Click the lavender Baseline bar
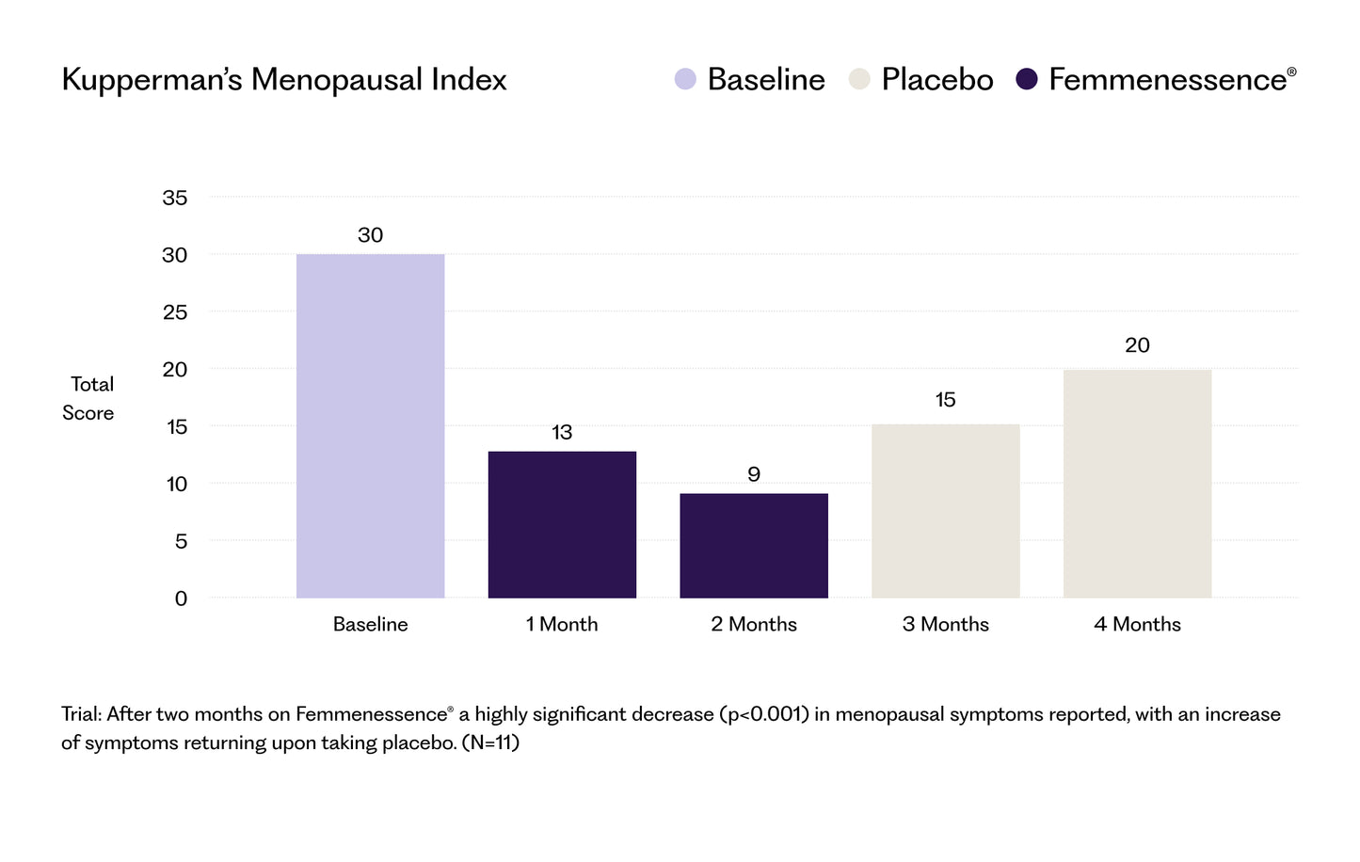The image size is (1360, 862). click(370, 425)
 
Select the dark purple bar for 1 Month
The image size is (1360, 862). click(562, 524)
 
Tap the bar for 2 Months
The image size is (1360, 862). click(754, 545)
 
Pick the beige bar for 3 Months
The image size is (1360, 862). click(945, 510)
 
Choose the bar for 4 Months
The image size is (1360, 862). click(1137, 483)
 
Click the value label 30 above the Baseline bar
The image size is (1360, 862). click(370, 235)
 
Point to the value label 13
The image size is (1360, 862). click(562, 433)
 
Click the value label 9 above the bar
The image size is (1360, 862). click(754, 474)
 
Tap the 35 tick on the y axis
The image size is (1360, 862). click(175, 198)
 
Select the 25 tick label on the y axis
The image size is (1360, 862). click(175, 312)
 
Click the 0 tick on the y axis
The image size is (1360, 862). click(181, 599)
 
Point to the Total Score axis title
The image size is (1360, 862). click(89, 398)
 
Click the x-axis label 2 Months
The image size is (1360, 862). click(754, 624)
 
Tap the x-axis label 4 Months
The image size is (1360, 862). click(1137, 624)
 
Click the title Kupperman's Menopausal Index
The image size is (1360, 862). click(283, 80)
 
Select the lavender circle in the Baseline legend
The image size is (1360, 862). click(685, 80)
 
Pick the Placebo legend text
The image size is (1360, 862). click(936, 80)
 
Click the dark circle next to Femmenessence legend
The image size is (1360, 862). click(1027, 80)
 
